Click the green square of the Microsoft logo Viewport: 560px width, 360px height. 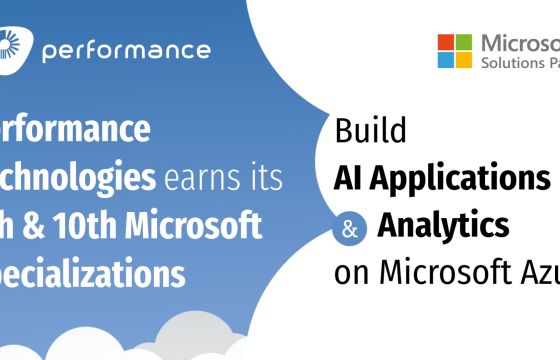[x=463, y=43]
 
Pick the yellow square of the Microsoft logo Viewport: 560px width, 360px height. [x=463, y=60]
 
